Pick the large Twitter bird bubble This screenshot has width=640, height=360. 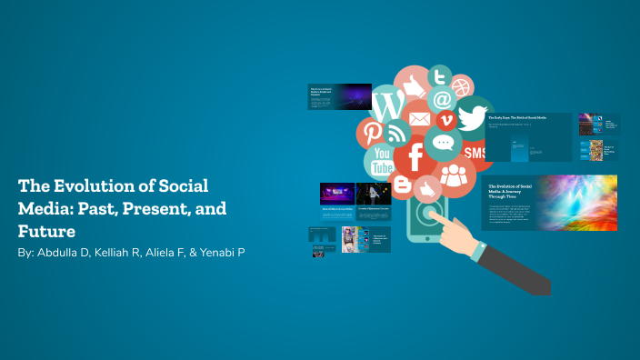472,118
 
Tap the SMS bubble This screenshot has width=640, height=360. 475,153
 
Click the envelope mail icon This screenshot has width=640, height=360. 419,118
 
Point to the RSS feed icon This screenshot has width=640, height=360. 396,134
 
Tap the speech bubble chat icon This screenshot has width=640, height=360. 443,143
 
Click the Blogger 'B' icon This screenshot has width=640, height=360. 401,185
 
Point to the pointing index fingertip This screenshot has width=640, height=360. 435,216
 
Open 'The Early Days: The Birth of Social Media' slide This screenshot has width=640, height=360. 528,136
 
